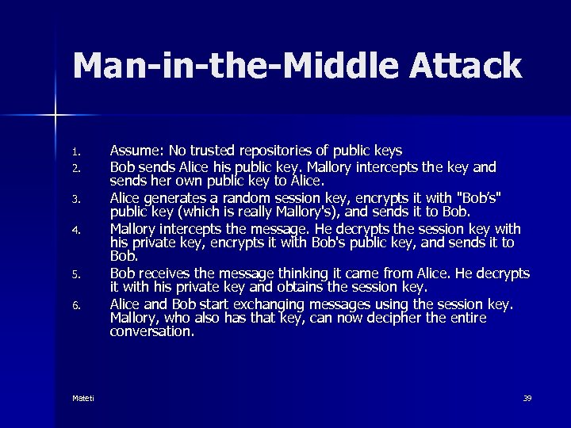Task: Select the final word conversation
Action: [151, 332]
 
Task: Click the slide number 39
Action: [527, 398]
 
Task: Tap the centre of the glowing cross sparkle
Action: [56, 116]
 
